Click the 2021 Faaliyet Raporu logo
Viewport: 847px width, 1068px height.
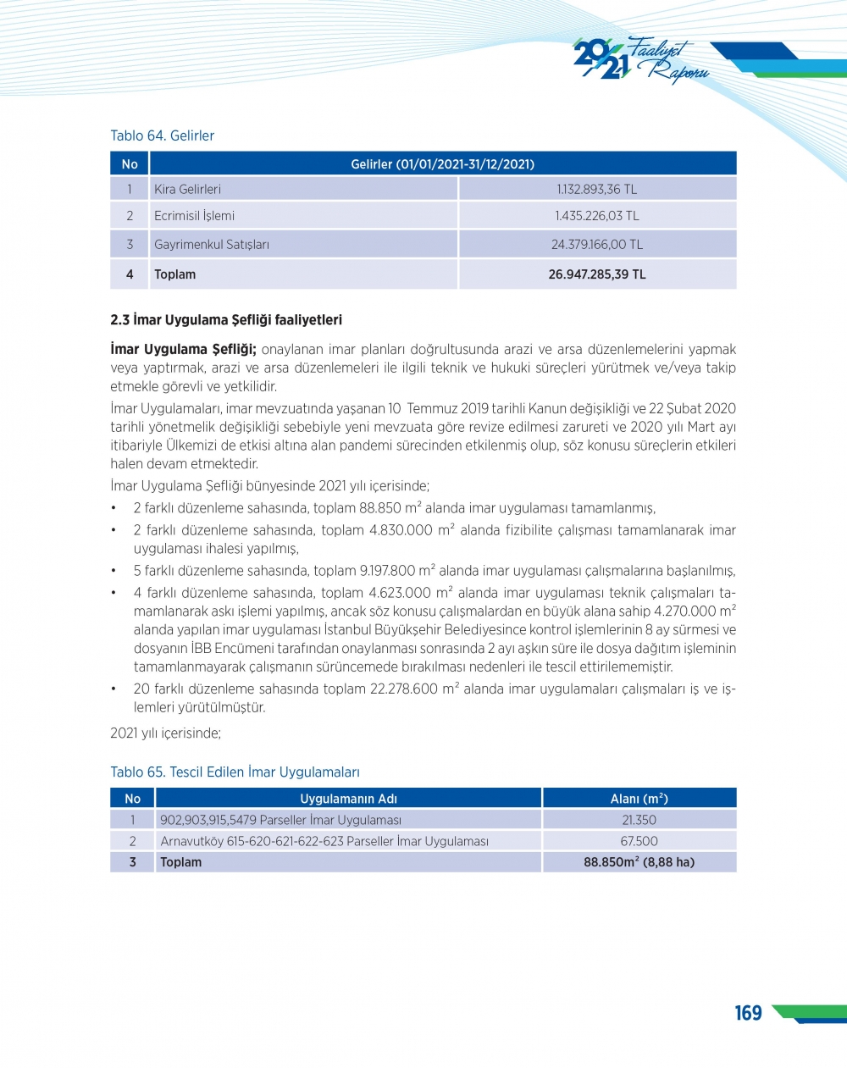pyautogui.click(x=640, y=59)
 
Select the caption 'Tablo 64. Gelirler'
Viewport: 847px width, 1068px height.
pyautogui.click(x=162, y=136)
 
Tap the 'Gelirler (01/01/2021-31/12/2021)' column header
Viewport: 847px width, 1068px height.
pyautogui.click(x=442, y=163)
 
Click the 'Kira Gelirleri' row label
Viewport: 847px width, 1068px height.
pyautogui.click(x=187, y=189)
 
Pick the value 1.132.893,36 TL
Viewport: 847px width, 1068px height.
pyautogui.click(x=596, y=189)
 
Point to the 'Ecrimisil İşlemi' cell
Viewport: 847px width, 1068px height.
pyautogui.click(x=194, y=216)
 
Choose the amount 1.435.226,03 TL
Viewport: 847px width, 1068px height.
pyautogui.click(x=596, y=216)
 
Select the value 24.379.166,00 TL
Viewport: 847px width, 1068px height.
pyautogui.click(x=596, y=245)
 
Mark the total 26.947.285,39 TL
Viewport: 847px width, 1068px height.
pyautogui.click(x=596, y=274)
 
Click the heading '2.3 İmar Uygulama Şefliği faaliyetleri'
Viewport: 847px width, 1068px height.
pyautogui.click(x=226, y=320)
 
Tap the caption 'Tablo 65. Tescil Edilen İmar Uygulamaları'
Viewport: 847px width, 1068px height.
pyautogui.click(x=235, y=772)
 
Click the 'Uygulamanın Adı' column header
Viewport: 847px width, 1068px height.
pyautogui.click(x=348, y=799)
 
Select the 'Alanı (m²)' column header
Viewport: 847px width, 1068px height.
pyautogui.click(x=639, y=799)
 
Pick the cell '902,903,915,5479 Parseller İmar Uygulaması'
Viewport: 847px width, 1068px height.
pyautogui.click(x=280, y=820)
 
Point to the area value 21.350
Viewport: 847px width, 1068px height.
pyautogui.click(x=639, y=820)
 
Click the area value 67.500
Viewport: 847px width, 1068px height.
pyautogui.click(x=639, y=841)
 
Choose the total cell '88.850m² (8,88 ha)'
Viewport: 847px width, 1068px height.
pyautogui.click(x=639, y=862)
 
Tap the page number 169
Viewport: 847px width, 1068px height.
pyautogui.click(x=748, y=1013)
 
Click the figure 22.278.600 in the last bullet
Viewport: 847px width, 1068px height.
pyautogui.click(x=404, y=689)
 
